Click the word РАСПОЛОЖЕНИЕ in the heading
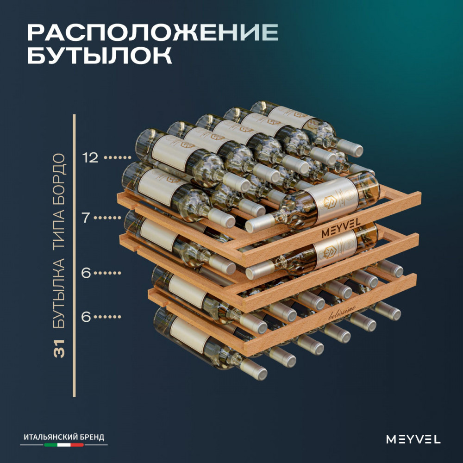click(153, 32)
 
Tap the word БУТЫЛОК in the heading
click(100, 55)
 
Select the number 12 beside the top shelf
click(90, 158)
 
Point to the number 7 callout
click(86, 218)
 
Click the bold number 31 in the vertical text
click(59, 349)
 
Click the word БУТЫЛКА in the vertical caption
click(59, 294)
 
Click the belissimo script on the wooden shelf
click(342, 313)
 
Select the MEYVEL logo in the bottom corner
click(413, 439)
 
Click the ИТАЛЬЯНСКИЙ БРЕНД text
click(64, 437)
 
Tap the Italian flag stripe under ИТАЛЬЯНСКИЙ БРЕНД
click(64, 444)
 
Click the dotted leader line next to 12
click(118, 158)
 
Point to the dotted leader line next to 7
click(109, 218)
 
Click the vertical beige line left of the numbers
click(74, 256)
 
